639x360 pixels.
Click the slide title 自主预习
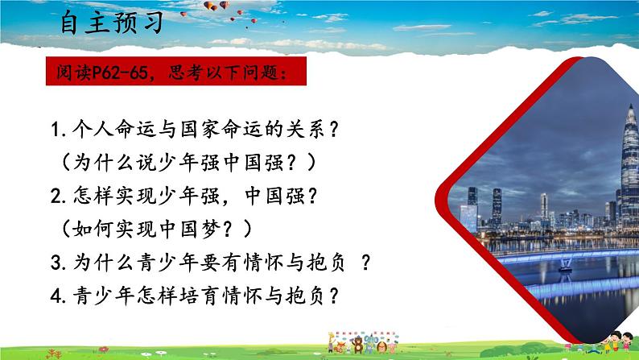(x=113, y=23)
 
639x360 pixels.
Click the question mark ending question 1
(x=331, y=129)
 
